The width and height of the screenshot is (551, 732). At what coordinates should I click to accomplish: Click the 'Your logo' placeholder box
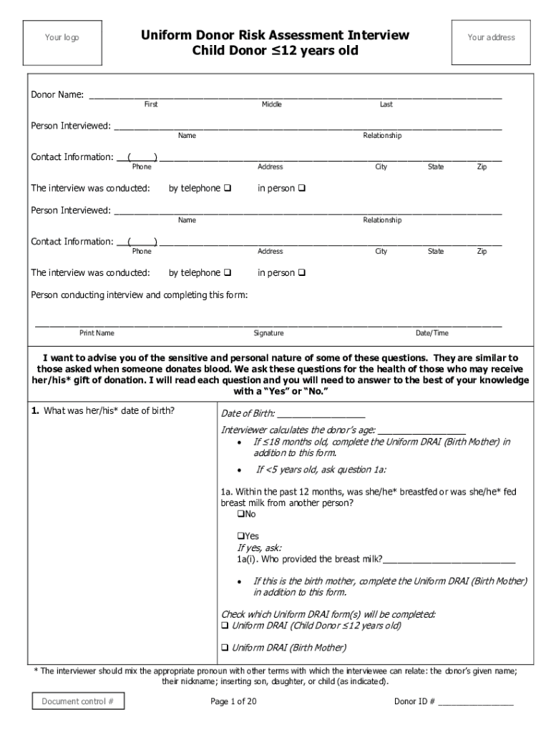tap(62, 38)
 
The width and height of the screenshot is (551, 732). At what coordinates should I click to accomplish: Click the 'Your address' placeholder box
tap(491, 38)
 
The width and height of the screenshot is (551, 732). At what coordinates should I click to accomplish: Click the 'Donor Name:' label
tap(57, 94)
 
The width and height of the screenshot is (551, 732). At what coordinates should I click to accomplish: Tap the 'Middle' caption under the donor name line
tap(271, 104)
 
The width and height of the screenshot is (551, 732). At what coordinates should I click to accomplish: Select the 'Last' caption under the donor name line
tap(386, 104)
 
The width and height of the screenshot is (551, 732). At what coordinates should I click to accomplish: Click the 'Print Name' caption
tap(97, 333)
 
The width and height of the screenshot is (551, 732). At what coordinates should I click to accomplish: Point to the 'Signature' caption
tap(268, 333)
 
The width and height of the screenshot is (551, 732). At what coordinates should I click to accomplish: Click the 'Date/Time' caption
tap(432, 333)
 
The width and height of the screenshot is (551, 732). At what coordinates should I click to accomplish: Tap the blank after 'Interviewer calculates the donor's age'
tap(421, 430)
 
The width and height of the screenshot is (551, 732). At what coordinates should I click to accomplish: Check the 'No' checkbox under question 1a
tap(240, 515)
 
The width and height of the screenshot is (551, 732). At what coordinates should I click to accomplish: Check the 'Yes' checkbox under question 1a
tap(240, 536)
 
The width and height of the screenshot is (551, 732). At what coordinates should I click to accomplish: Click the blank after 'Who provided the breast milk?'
tap(449, 559)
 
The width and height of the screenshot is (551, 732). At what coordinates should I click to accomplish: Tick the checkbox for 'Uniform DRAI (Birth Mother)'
tap(225, 648)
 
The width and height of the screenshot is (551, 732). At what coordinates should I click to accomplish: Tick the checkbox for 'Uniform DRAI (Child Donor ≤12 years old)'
tap(225, 625)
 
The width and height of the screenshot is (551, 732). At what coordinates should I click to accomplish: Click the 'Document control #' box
tap(78, 701)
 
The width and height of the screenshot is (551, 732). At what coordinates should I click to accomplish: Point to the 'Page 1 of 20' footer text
tap(233, 701)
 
